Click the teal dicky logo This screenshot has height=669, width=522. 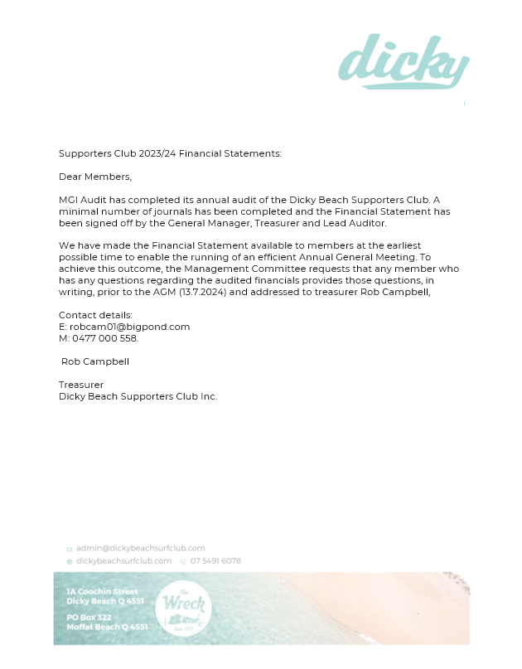404,61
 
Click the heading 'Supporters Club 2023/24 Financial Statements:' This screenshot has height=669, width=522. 170,153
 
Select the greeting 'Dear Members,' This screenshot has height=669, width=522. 95,177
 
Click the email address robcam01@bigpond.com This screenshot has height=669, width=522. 130,327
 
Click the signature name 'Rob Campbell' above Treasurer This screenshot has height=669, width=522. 95,361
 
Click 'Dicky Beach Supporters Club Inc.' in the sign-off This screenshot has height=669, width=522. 138,396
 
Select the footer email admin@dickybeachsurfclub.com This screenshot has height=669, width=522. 141,548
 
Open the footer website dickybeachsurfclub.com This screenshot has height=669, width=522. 124,561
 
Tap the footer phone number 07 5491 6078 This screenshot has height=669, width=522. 215,561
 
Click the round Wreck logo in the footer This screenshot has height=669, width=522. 183,608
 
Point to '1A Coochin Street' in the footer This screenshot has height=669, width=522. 102,591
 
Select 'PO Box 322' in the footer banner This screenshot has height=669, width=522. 89,618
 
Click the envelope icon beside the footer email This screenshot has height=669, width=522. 70,549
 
